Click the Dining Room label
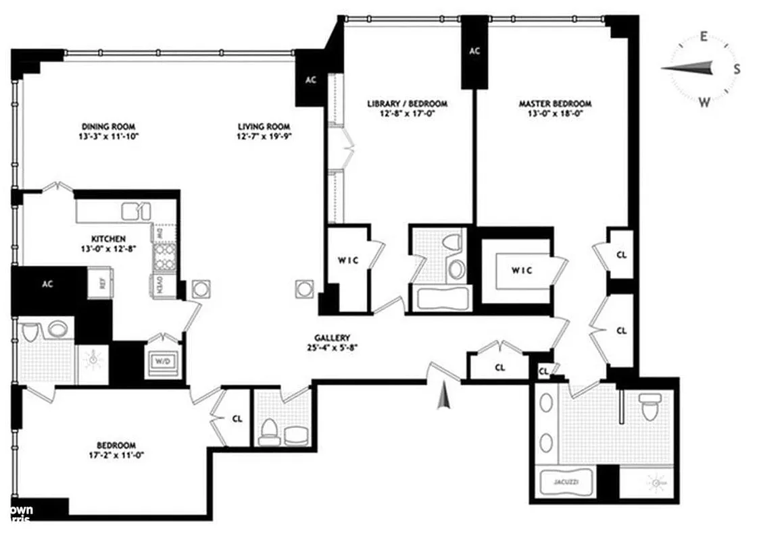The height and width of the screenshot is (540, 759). [108, 126]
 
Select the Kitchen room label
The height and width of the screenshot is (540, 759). [108, 238]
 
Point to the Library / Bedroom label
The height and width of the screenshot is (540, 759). [407, 104]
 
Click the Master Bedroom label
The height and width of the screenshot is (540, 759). [555, 104]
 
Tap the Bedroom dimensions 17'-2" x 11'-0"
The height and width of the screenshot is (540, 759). [116, 455]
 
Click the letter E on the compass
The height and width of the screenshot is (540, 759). [703, 37]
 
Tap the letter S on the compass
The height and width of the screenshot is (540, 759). [736, 69]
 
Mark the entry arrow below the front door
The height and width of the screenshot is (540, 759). [443, 395]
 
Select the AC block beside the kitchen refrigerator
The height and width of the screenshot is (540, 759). [47, 284]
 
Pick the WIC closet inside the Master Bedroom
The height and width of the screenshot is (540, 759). [522, 271]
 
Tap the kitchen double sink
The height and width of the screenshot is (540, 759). [135, 211]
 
